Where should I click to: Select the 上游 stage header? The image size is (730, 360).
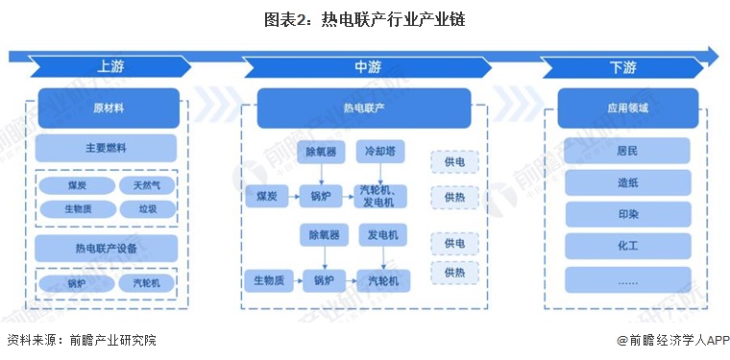[109, 67]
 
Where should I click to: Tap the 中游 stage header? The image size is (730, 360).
[366, 67]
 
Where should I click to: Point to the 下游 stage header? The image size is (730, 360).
[623, 67]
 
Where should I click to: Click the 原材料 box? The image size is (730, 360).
[108, 108]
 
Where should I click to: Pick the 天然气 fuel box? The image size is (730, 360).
[146, 185]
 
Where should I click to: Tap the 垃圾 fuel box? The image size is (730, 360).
[146, 208]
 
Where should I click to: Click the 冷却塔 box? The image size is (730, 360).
[383, 152]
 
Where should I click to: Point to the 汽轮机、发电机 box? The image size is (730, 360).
[383, 196]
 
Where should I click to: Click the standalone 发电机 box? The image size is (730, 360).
[383, 235]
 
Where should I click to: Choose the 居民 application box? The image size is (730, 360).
[627, 151]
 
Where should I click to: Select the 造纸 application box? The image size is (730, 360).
[627, 182]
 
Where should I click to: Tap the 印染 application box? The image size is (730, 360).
[627, 214]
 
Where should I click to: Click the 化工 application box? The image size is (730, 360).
[627, 246]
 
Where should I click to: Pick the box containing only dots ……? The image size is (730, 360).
[627, 279]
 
